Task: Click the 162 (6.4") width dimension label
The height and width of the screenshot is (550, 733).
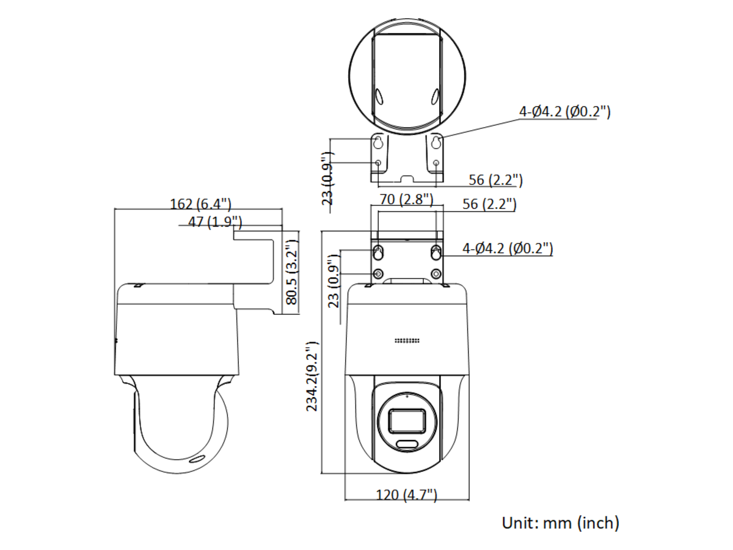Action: pos(200,204)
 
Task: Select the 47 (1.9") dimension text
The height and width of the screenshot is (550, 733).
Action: pos(215,222)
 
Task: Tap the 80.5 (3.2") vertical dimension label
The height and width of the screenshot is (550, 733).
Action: pos(292,272)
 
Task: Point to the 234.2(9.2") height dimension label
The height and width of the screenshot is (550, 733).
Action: pos(312,376)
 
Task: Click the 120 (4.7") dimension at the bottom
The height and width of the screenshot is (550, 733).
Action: pos(406,494)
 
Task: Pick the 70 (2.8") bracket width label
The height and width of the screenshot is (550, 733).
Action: pos(406,199)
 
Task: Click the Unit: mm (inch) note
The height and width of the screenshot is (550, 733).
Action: pos(560,522)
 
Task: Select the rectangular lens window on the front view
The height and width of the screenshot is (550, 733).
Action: pos(407,421)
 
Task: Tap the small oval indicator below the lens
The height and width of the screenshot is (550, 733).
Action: pos(407,444)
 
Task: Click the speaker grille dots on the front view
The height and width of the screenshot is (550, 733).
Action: pos(407,340)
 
